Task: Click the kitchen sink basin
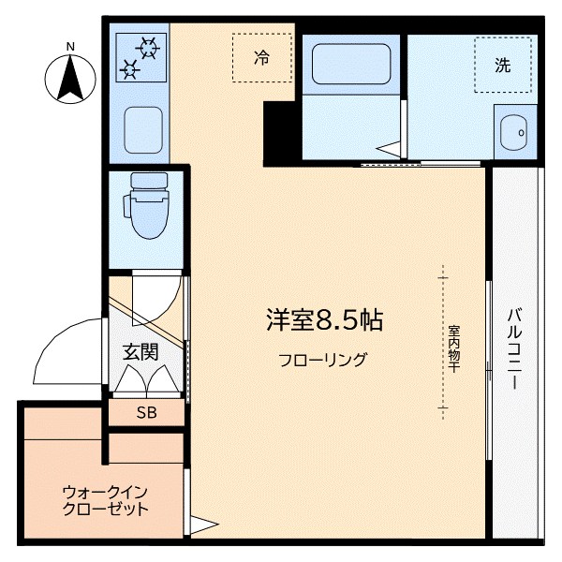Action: (142, 130)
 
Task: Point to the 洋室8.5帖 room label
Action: (323, 320)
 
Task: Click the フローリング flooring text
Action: (322, 360)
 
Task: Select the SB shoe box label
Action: (146, 412)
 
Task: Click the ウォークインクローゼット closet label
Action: (105, 501)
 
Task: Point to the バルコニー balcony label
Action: (516, 349)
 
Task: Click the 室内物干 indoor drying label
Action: (452, 348)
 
